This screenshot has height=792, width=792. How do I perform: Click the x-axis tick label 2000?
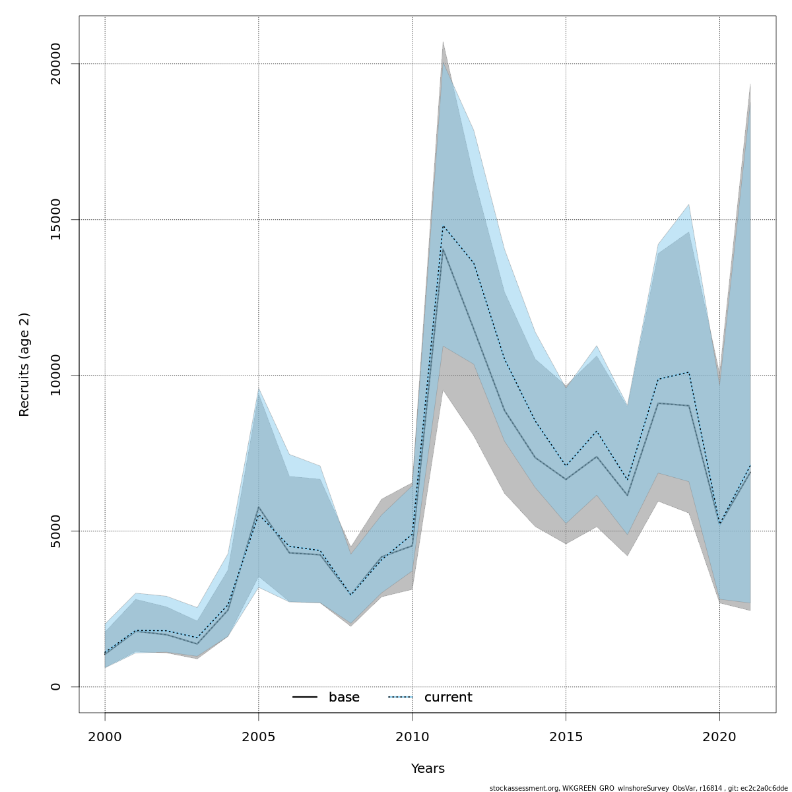click(105, 737)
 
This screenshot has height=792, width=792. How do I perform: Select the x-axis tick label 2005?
click(259, 737)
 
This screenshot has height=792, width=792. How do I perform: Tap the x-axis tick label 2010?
click(412, 737)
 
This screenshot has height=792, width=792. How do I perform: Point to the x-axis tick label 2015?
click(566, 737)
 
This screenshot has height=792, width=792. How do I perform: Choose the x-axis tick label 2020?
click(719, 737)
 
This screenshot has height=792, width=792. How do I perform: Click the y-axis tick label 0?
click(55, 686)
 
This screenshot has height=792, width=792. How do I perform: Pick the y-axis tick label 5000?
click(55, 531)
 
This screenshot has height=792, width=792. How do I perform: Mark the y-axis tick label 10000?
click(55, 375)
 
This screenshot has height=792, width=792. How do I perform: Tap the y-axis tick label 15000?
click(55, 219)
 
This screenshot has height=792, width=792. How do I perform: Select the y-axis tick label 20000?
click(55, 63)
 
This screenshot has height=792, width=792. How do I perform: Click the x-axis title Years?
click(428, 769)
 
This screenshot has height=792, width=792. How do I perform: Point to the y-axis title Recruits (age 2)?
click(24, 364)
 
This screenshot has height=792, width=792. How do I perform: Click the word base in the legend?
click(344, 698)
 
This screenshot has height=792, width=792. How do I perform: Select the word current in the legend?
click(448, 698)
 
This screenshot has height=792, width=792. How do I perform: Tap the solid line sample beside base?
click(305, 698)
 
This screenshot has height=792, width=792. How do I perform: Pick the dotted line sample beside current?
click(400, 698)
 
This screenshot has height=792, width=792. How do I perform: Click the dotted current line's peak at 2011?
click(443, 226)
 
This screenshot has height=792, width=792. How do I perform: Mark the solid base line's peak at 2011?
click(443, 249)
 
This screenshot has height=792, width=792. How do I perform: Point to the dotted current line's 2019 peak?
click(688, 372)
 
